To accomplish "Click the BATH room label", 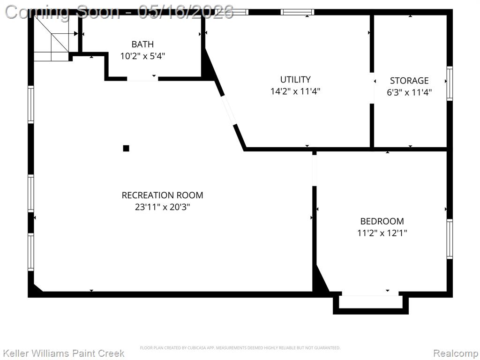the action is click(x=142, y=45).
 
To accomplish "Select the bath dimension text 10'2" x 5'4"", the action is click(x=142, y=56).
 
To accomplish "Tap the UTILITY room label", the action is click(x=295, y=80).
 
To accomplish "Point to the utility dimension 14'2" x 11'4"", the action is click(x=295, y=91).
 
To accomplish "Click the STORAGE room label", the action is click(x=409, y=81).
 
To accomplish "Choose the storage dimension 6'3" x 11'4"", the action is click(x=409, y=92).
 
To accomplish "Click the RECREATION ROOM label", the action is click(x=162, y=195).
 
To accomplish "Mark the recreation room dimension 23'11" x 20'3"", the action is click(x=162, y=207).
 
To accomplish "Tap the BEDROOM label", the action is click(x=382, y=221).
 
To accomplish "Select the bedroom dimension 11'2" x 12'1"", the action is click(x=382, y=233).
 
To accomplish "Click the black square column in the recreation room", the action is click(x=126, y=149).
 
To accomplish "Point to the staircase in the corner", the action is click(x=51, y=37).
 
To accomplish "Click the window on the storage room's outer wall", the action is click(x=450, y=83).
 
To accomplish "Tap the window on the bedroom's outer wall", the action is click(x=450, y=239).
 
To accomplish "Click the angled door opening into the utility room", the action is click(x=228, y=110).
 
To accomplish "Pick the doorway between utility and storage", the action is click(x=372, y=88).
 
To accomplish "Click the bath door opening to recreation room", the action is click(x=142, y=79).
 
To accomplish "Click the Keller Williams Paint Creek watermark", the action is click(x=64, y=353).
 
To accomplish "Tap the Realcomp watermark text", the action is click(x=455, y=353).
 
